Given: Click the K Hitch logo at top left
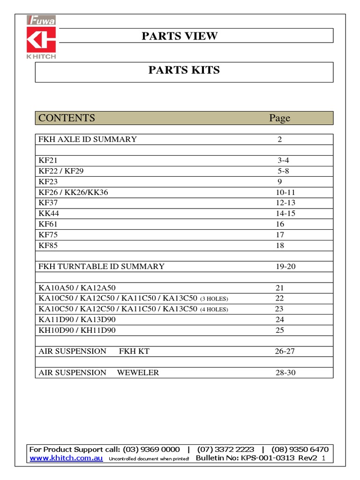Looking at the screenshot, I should (x=41, y=38).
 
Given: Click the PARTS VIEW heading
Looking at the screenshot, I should (x=180, y=36).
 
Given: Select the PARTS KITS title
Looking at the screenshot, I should (x=184, y=70).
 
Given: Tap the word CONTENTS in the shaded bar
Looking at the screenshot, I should (x=67, y=118).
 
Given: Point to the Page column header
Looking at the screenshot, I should (x=279, y=118).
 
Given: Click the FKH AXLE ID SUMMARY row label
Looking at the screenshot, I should (x=88, y=139).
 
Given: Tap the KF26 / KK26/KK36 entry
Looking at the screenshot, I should (x=73, y=192).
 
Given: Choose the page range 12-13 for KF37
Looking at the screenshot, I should (x=285, y=202).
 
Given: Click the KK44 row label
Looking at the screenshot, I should (x=49, y=213).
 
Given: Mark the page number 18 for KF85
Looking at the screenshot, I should (x=280, y=246).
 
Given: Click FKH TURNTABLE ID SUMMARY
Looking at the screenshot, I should (x=101, y=266).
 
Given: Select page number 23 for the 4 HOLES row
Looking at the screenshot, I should (x=279, y=309).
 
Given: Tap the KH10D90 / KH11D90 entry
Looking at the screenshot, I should (x=77, y=330).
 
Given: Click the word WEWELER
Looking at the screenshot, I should (x=138, y=373).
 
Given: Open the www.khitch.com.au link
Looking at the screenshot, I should (x=66, y=458).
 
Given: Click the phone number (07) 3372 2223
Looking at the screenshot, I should (x=225, y=449).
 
